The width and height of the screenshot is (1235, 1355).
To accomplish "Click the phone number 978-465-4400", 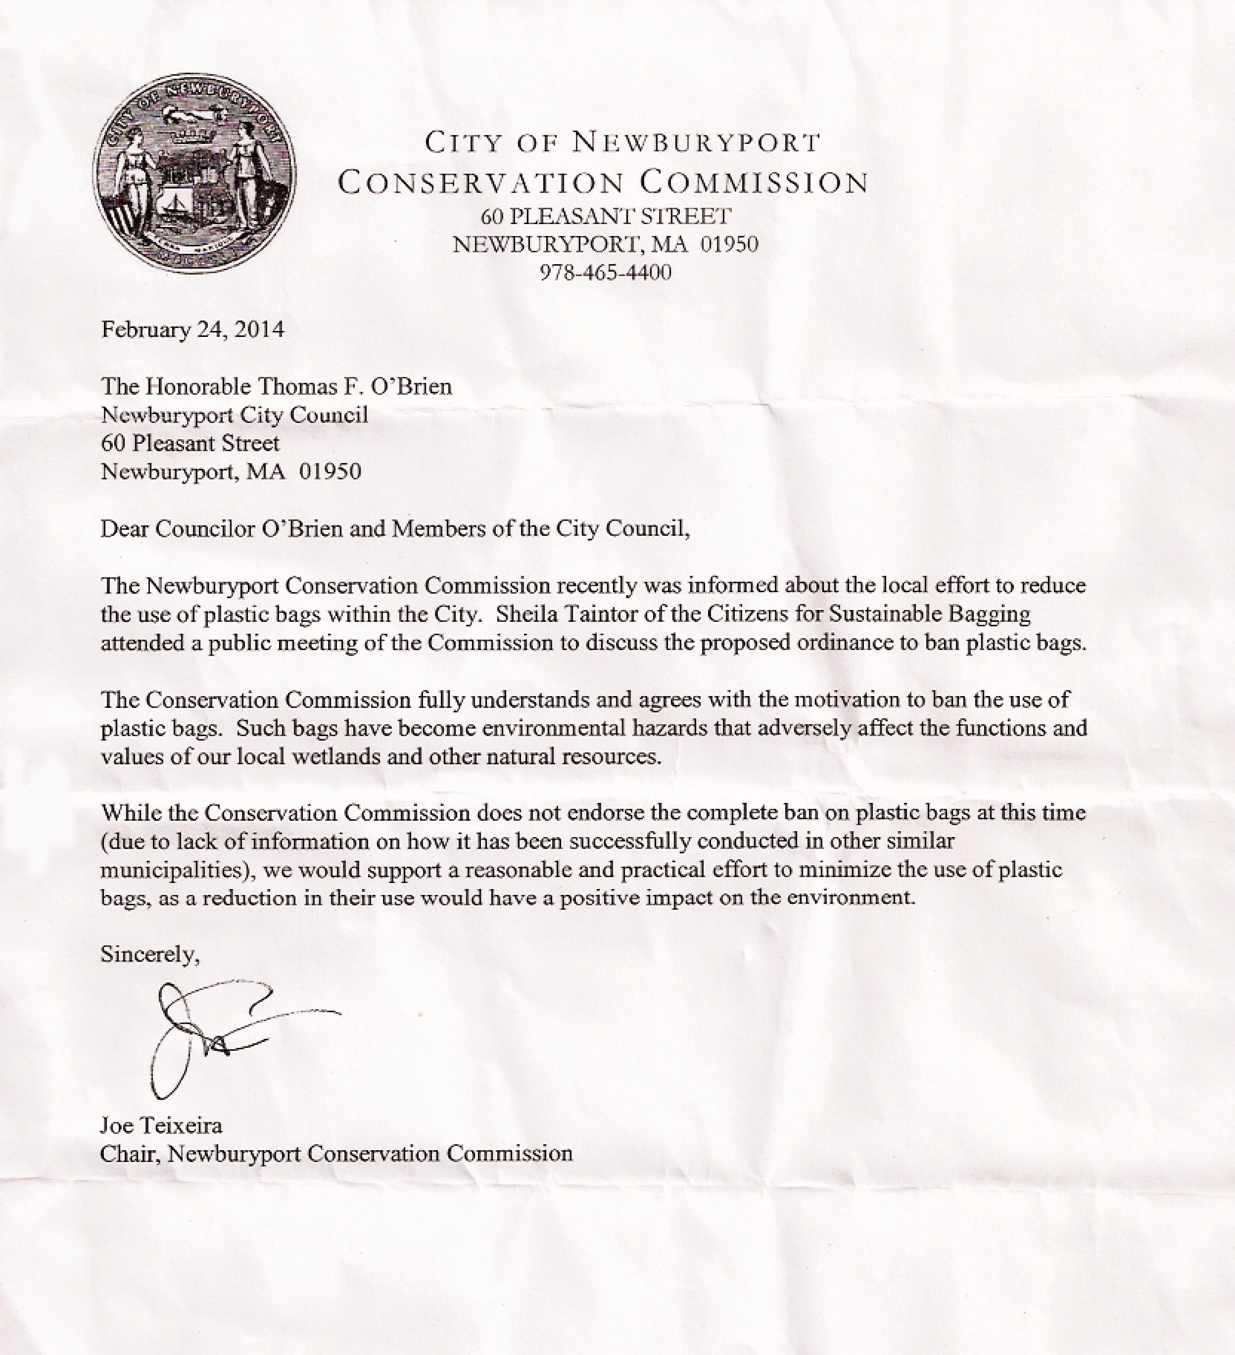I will coord(605,272).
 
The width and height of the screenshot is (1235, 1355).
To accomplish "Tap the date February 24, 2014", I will coord(192,329).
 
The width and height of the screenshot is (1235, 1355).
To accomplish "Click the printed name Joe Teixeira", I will coord(161,1125).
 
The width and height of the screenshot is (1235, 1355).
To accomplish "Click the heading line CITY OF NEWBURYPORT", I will coord(622,142).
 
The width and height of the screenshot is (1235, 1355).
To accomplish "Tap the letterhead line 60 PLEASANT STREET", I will coord(605,216).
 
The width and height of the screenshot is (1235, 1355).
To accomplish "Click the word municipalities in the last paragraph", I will coord(176,870).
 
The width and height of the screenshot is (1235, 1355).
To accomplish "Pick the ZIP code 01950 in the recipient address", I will coord(330,471).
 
